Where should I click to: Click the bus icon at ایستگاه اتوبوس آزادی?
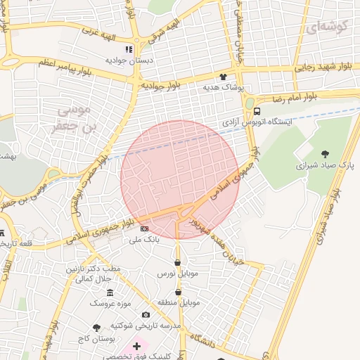pyautogui.click(x=257, y=111)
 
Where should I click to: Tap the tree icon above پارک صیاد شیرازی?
pyautogui.click(x=324, y=154)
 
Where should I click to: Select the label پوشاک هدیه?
pyautogui.click(x=223, y=88)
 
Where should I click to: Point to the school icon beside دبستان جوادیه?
pyautogui.click(x=128, y=50)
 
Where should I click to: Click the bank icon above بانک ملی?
pyautogui.click(x=145, y=229)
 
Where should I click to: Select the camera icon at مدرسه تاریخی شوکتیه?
pyautogui.click(x=146, y=315)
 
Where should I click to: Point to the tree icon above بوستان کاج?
pyautogui.click(x=97, y=328)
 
